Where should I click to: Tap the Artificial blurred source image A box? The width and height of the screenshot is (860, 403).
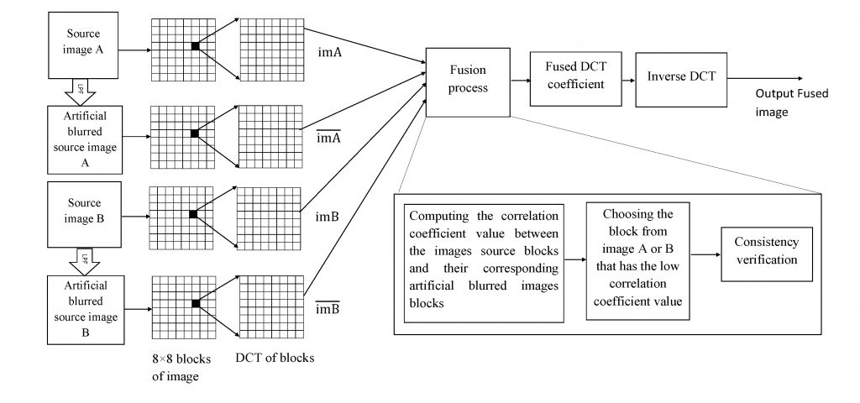click(x=84, y=139)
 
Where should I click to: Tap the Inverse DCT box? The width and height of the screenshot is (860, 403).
click(x=681, y=77)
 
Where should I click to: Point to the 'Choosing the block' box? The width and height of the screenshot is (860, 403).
click(x=637, y=261)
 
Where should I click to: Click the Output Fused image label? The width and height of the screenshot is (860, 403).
click(x=791, y=102)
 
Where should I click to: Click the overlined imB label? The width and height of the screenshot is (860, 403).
click(x=328, y=307)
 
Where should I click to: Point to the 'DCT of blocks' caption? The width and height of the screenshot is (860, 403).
click(x=275, y=359)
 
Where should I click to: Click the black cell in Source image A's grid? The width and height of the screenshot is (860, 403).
click(x=195, y=47)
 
